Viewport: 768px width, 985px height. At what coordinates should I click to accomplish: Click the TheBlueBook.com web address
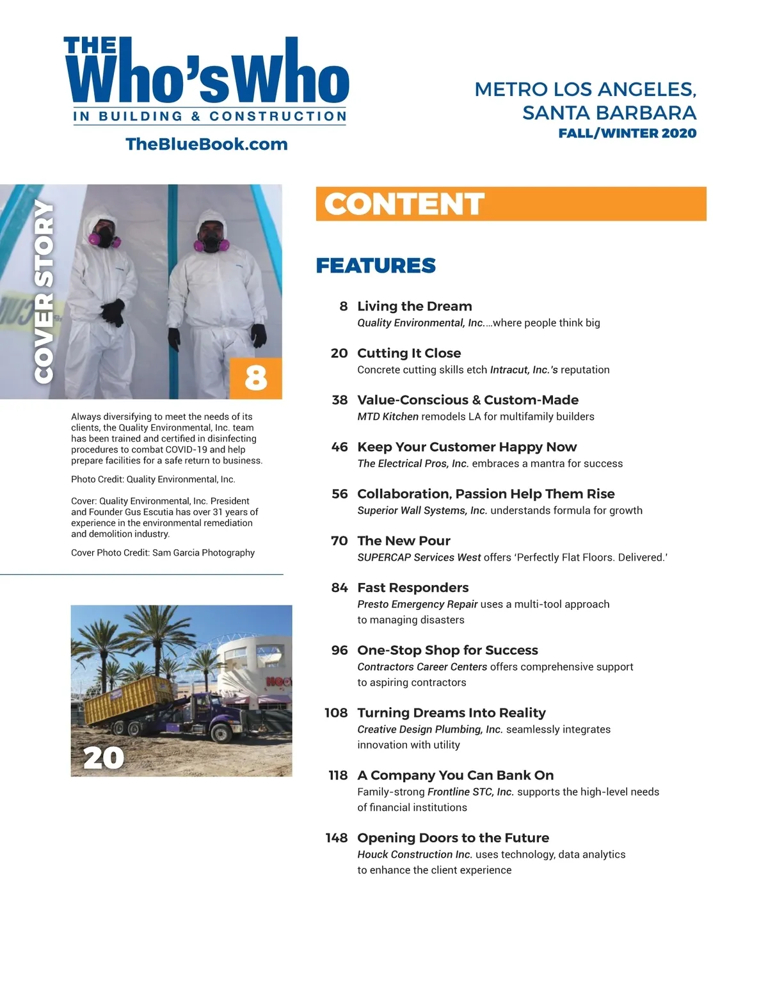tap(206, 144)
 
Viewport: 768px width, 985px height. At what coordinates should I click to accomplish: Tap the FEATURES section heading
tap(376, 266)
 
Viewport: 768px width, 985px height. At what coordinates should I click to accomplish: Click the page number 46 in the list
tap(339, 447)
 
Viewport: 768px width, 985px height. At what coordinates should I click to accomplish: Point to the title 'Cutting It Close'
tap(409, 353)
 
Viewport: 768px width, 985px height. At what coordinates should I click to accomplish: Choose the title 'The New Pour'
tap(404, 541)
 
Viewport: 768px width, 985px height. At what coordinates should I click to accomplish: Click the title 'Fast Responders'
tap(413, 588)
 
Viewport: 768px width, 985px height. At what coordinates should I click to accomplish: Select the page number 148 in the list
tap(336, 838)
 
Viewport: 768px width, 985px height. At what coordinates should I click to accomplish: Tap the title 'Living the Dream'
tap(415, 307)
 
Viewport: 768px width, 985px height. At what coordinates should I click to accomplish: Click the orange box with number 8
tap(255, 378)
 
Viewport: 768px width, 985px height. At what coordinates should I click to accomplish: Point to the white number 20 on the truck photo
tap(104, 758)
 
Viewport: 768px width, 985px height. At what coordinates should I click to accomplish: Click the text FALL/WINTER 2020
tap(627, 134)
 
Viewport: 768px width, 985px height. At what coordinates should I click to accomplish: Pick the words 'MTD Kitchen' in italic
tap(388, 417)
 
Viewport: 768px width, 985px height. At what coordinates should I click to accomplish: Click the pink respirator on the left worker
tap(104, 239)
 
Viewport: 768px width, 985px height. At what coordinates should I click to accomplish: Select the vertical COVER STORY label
tap(44, 291)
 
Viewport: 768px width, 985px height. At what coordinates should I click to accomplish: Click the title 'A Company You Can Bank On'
tap(455, 776)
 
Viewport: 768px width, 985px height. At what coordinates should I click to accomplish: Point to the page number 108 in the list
tap(336, 713)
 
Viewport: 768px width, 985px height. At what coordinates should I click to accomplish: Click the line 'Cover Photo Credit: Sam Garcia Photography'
tap(163, 552)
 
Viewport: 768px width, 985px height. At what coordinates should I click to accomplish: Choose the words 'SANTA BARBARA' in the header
tap(609, 113)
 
